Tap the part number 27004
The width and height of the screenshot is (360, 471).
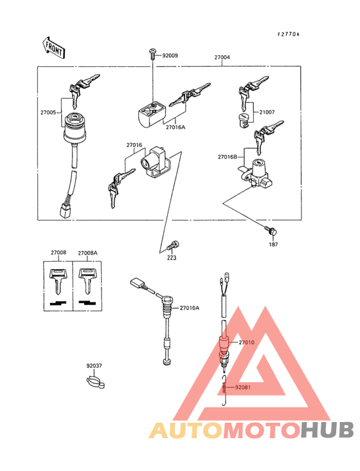click(x=222, y=57)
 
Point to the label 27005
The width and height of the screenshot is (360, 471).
click(x=50, y=112)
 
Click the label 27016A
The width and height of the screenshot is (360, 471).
click(x=175, y=127)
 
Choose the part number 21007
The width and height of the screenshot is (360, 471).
click(x=267, y=112)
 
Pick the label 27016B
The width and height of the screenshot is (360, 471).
click(x=228, y=156)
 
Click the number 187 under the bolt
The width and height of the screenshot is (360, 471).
click(x=273, y=245)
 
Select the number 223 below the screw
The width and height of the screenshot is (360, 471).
click(x=172, y=258)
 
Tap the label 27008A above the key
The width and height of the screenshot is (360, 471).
click(x=87, y=253)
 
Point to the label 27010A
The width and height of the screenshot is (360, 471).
click(x=189, y=308)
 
